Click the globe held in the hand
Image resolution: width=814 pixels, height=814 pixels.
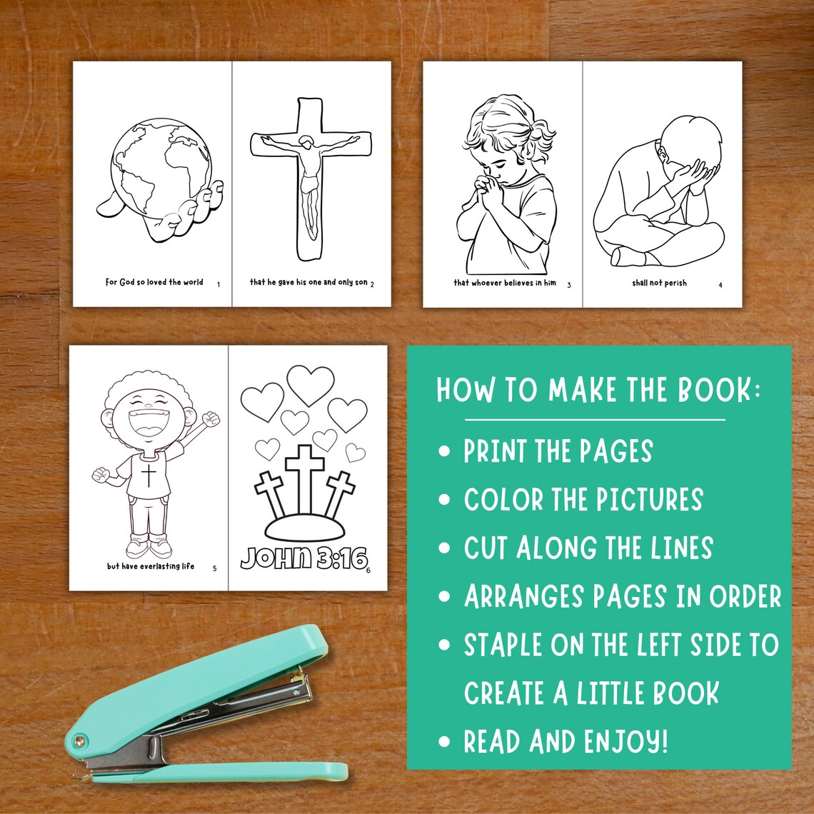click(x=161, y=167)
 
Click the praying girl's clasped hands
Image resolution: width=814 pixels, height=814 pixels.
click(x=491, y=191)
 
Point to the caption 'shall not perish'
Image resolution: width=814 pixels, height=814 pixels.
click(x=658, y=283)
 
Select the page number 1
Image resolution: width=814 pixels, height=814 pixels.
click(x=218, y=285)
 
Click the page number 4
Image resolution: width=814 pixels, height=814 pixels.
click(x=720, y=286)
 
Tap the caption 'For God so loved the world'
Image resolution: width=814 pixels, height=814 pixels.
click(x=154, y=282)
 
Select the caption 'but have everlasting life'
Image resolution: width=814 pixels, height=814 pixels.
click(x=151, y=566)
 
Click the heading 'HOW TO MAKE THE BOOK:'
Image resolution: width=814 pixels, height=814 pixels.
click(x=598, y=391)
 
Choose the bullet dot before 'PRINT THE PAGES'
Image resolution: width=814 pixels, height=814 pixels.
click(x=446, y=452)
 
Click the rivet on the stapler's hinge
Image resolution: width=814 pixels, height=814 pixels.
click(x=77, y=740)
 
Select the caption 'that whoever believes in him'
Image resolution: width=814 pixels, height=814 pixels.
click(x=505, y=283)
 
